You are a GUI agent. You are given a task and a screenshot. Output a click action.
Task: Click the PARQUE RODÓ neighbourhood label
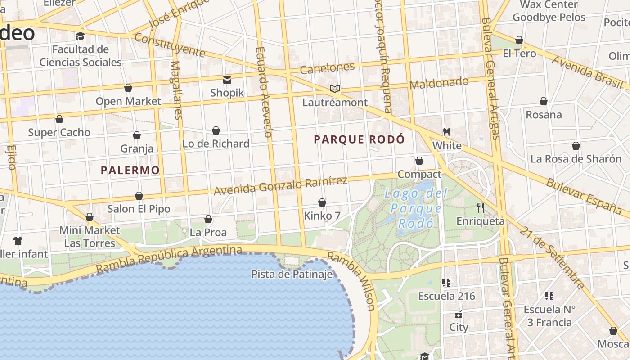[x=359, y=139]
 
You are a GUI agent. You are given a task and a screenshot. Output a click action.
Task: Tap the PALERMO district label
[x=130, y=170]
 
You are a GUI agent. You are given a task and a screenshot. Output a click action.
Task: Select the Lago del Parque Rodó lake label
[x=416, y=208]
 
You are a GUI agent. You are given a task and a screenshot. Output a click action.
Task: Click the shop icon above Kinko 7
[x=322, y=202]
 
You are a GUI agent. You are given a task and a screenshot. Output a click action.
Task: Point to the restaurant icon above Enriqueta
[x=481, y=207]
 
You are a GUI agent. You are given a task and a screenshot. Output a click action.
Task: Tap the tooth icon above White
[x=447, y=132]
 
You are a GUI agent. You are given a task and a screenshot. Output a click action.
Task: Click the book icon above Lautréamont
[x=334, y=89]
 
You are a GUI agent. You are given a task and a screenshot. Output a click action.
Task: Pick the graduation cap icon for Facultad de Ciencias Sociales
[x=80, y=36]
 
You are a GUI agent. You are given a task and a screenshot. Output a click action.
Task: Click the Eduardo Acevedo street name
[x=264, y=92]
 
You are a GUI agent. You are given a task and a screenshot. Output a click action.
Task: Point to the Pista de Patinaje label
[x=292, y=274]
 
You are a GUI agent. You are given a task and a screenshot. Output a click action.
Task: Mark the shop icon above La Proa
[x=208, y=219]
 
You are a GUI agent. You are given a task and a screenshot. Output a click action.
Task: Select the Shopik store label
[x=227, y=93]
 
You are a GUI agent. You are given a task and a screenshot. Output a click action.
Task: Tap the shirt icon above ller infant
[x=18, y=240]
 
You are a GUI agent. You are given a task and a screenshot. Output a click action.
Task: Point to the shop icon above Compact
[x=419, y=161]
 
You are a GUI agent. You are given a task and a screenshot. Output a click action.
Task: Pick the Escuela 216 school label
[x=446, y=296]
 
